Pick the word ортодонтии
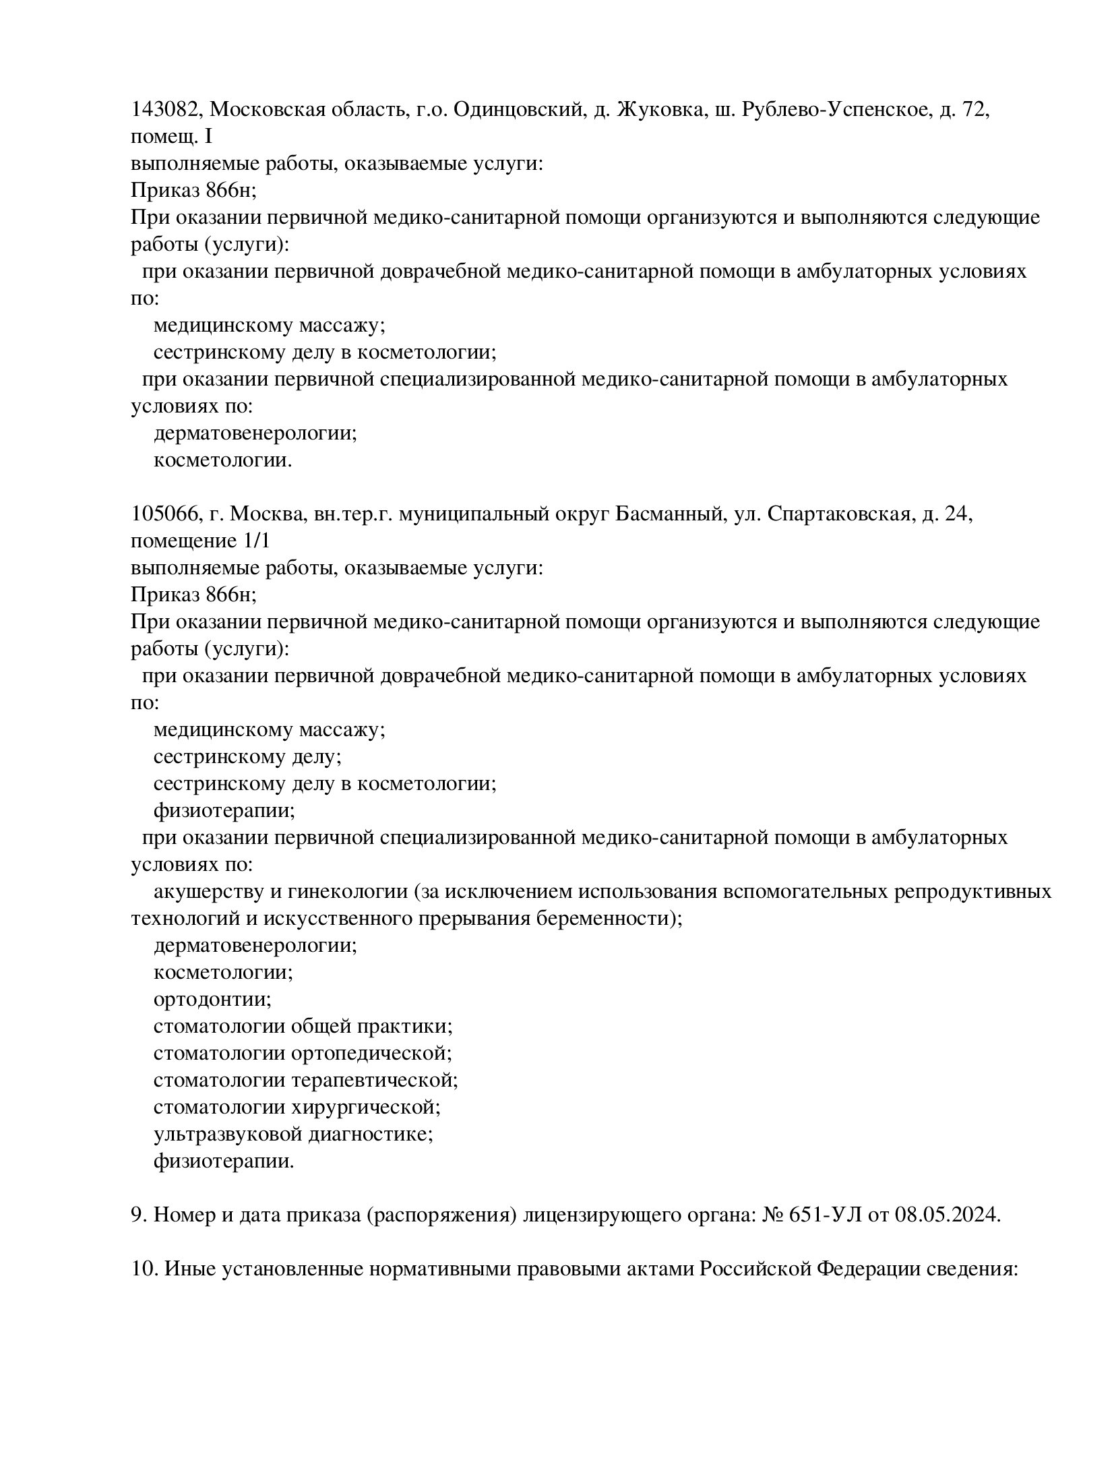[212, 1000]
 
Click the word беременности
[605, 919]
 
